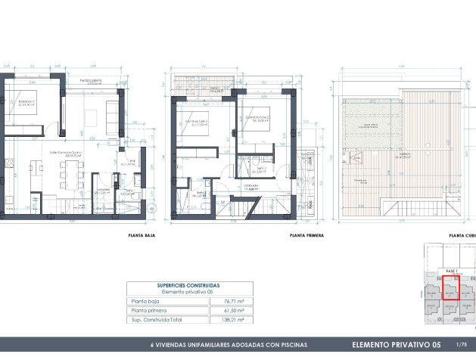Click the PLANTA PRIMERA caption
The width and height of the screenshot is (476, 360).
(x=306, y=235)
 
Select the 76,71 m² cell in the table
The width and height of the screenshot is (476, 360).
(x=224, y=300)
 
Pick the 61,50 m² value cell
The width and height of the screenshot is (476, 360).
(x=224, y=310)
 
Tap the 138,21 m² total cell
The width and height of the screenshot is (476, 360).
(x=224, y=320)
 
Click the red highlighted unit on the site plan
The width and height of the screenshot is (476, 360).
(x=450, y=290)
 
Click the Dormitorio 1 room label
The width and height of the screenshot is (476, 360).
(x=27, y=101)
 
